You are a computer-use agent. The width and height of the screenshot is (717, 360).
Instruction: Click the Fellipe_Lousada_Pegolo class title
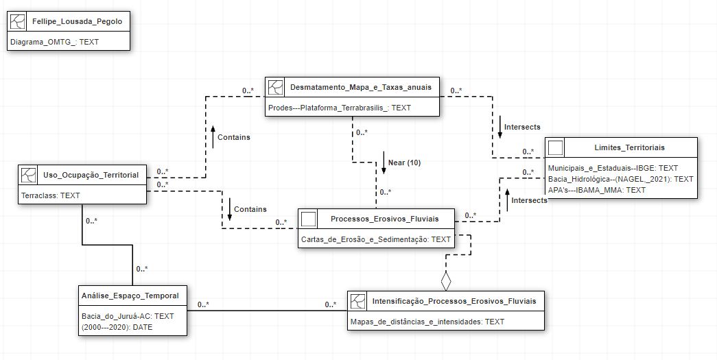click(x=77, y=21)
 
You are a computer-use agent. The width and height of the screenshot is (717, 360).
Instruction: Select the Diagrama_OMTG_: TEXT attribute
click(x=55, y=42)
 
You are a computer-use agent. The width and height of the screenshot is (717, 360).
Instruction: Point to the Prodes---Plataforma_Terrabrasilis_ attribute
click(x=340, y=108)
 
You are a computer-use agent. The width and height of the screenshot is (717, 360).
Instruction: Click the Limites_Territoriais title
click(x=629, y=147)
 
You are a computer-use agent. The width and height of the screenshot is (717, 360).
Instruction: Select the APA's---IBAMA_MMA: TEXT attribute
click(x=597, y=190)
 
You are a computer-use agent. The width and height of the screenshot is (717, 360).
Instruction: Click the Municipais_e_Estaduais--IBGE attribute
click(x=613, y=168)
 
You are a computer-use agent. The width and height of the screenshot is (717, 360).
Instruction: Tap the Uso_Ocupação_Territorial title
click(x=91, y=175)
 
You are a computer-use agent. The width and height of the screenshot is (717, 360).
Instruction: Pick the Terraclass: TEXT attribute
click(x=51, y=195)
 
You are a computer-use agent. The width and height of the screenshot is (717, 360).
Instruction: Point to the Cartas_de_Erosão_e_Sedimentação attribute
click(x=376, y=239)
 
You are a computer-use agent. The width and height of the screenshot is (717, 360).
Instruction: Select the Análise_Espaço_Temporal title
click(x=130, y=296)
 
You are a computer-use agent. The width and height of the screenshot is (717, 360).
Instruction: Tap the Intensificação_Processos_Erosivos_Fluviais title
click(x=458, y=301)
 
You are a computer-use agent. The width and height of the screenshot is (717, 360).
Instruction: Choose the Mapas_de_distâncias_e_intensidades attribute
click(x=427, y=322)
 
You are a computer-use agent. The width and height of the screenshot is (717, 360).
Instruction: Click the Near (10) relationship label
click(x=404, y=163)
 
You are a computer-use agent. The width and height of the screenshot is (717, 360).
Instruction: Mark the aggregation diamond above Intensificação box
click(x=446, y=280)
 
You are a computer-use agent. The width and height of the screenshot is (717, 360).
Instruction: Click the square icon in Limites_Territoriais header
click(x=556, y=147)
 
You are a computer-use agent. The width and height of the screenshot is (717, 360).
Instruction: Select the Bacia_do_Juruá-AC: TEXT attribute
click(x=128, y=316)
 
